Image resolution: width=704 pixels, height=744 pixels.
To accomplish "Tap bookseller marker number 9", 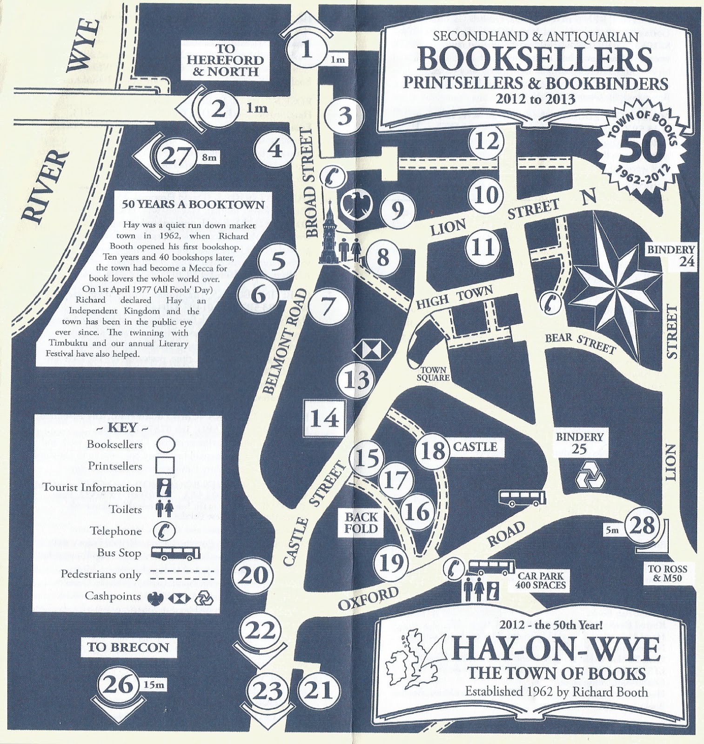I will (397, 211).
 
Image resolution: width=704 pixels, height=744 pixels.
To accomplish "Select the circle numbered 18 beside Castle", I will (433, 450).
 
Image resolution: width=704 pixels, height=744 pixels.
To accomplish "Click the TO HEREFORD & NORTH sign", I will (229, 60).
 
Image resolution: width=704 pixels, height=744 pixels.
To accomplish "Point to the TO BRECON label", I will (128, 647).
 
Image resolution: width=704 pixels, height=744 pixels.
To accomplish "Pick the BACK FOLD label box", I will (361, 522).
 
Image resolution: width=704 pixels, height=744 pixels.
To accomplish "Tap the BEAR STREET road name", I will (580, 343).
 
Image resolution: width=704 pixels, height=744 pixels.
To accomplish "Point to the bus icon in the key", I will (177, 553).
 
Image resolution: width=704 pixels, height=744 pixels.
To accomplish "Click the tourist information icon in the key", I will (165, 488).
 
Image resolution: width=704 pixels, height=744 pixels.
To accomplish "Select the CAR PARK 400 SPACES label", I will (541, 580).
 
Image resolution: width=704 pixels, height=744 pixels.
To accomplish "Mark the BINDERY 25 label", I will (579, 443).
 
